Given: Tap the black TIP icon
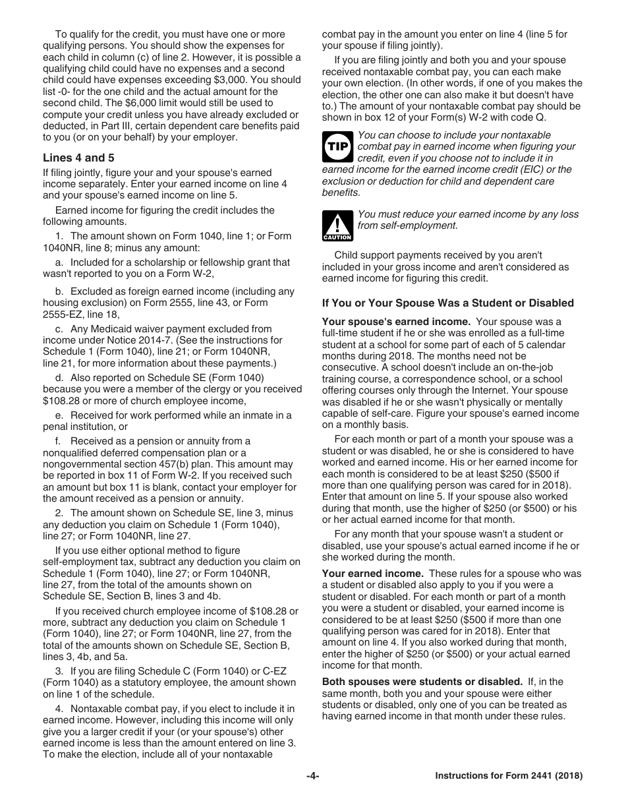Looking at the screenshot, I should coord(337,146).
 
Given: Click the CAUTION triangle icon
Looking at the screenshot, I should coord(337,225).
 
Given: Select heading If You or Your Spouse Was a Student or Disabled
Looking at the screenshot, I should coord(447,303).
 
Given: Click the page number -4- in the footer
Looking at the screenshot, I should coord(312,776).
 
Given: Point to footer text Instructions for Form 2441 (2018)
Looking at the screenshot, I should coord(509,776).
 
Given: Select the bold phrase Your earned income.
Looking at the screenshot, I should coord(372,574).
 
